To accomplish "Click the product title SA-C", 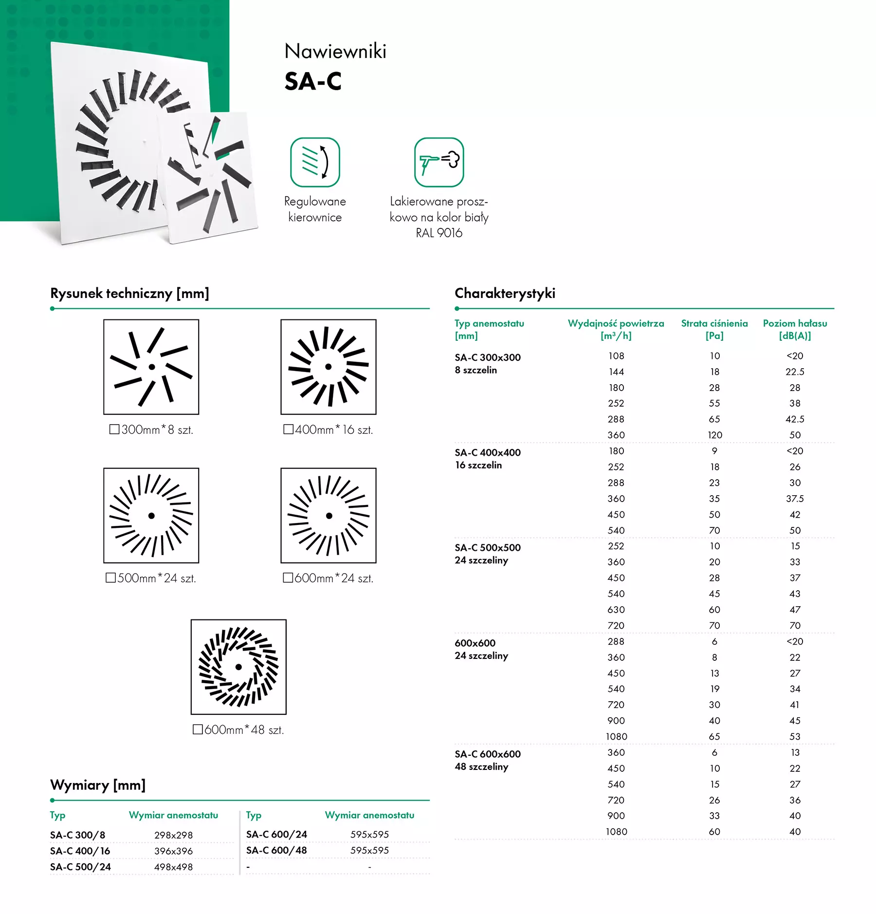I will [313, 81].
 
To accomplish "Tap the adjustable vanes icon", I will [315, 162].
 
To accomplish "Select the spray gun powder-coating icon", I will [439, 162].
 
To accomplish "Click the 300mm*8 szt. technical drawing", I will [151, 367].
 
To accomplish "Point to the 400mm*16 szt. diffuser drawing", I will [328, 367].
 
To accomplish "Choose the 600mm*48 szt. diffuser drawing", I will [238, 667].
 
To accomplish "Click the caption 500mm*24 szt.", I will [151, 578].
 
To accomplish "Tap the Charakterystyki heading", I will [505, 293].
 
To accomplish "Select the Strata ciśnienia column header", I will [714, 329].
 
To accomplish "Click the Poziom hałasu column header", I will [795, 329].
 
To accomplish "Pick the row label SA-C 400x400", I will [488, 452].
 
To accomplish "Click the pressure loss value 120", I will [714, 435].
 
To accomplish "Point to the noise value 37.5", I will [795, 499].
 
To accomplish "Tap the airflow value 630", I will [616, 610].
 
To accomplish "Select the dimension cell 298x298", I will [173, 835].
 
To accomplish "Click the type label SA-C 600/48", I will [276, 850].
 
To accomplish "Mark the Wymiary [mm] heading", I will [98, 785].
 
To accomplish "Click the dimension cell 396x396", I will [173, 851].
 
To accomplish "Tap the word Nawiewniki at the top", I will [335, 51].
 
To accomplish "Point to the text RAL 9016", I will [439, 233].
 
